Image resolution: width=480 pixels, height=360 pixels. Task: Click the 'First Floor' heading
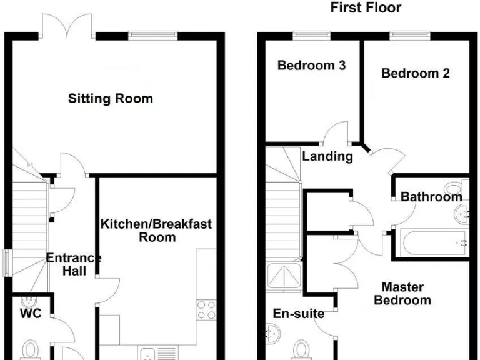366,8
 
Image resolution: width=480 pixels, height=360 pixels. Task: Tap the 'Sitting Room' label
111,99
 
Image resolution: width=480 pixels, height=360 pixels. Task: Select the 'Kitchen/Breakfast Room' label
157,230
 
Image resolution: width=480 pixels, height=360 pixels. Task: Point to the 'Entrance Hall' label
73,264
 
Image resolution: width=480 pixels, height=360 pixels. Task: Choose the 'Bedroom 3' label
312,65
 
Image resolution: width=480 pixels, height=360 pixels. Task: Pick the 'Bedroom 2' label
416,73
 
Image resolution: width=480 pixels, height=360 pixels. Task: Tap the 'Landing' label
327,156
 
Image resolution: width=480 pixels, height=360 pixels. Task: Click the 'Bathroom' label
431,197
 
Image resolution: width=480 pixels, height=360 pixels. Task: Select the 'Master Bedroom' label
402,294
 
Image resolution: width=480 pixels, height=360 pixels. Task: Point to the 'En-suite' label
299,313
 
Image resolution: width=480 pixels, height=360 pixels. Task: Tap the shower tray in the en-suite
284,277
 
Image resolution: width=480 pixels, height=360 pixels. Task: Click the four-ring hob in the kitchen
206,310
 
